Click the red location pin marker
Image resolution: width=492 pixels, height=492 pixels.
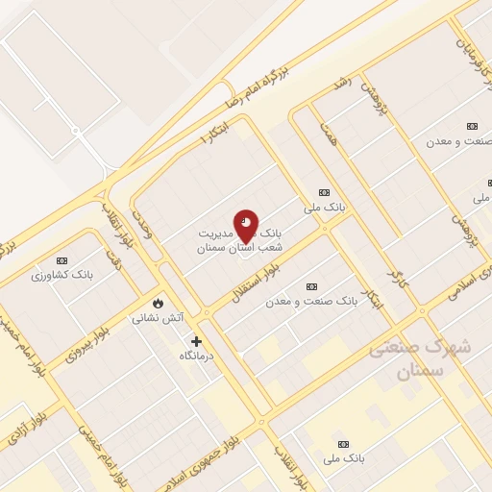[246, 228]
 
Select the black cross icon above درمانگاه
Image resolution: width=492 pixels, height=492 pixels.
[197, 341]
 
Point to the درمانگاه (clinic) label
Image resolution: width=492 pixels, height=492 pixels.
[197, 357]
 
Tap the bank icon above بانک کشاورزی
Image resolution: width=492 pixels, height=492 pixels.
[62, 260]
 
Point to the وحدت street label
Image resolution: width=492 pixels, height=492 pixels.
[142, 195]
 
